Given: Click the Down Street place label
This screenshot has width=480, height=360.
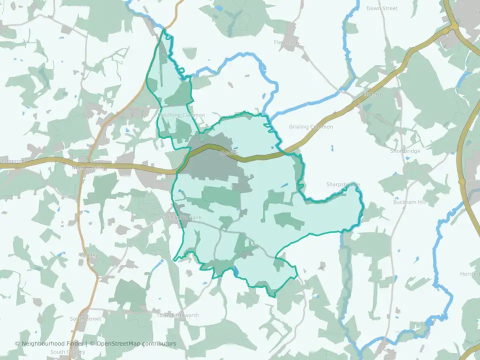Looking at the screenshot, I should coord(382,8).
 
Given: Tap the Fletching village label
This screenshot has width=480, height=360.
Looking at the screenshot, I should coord(286,42).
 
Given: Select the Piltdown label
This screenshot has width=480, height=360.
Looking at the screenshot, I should coord(371,94).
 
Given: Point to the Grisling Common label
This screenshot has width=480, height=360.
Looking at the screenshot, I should coord(310,127).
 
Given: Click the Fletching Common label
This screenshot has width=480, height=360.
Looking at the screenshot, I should coord(181,115).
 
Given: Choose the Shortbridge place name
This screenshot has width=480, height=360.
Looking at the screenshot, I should coord(405,150).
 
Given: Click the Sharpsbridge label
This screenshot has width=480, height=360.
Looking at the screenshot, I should coord(343,184).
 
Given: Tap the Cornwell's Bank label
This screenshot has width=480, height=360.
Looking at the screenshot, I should coord(181,217).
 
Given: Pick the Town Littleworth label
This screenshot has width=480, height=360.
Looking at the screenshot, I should coord(177,315).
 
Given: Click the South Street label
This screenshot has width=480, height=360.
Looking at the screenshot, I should coord(85,318).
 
